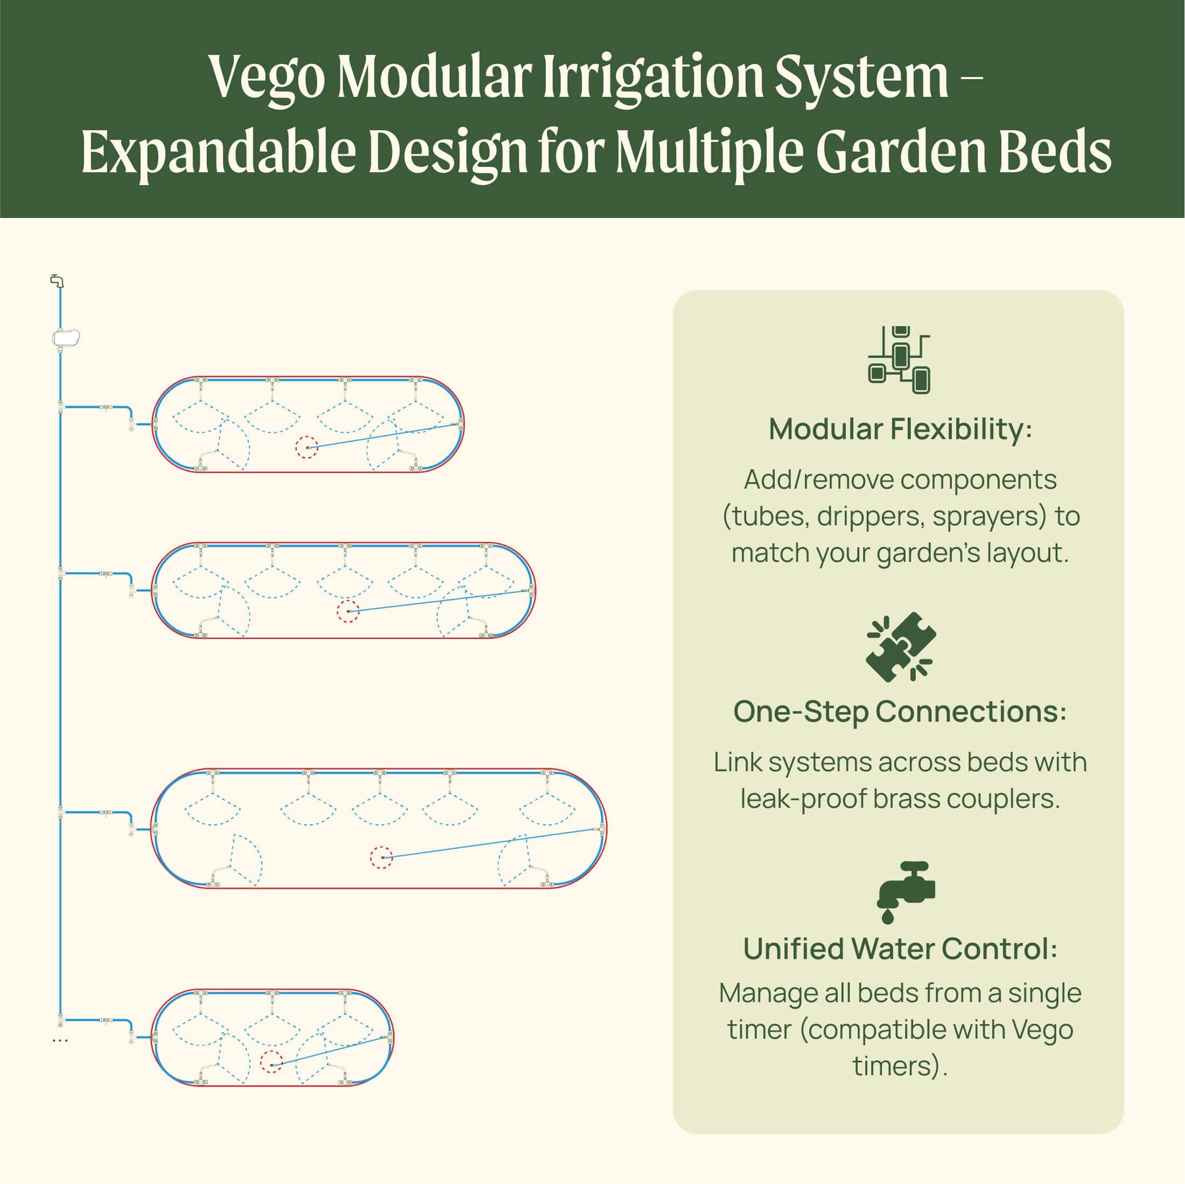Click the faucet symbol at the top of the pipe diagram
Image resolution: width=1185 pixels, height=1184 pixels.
pyautogui.click(x=58, y=281)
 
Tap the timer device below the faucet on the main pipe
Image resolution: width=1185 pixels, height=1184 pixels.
pyautogui.click(x=66, y=338)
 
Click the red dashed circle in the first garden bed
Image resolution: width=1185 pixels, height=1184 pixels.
pyautogui.click(x=306, y=448)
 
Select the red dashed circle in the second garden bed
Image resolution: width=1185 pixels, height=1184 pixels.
pyautogui.click(x=348, y=611)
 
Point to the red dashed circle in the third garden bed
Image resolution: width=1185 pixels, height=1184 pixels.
pyautogui.click(x=381, y=858)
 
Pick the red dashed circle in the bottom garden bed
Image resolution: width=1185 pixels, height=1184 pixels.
pyautogui.click(x=271, y=1062)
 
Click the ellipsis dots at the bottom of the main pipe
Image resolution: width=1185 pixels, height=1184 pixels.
pyautogui.click(x=60, y=1041)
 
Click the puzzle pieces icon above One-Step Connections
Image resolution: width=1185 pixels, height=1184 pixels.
pyautogui.click(x=901, y=647)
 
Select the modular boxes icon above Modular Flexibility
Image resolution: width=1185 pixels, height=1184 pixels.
pyautogui.click(x=899, y=360)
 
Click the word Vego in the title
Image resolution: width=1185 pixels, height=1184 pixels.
pyautogui.click(x=267, y=78)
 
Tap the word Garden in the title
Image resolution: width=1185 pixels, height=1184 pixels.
pyautogui.click(x=899, y=152)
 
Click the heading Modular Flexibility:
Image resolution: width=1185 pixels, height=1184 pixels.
pyautogui.click(x=900, y=429)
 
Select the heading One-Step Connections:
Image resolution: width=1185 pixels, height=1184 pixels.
pyautogui.click(x=900, y=711)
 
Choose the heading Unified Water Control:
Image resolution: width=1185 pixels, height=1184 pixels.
pyautogui.click(x=900, y=948)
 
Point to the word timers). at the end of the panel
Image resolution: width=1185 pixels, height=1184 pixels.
pyautogui.click(x=900, y=1066)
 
